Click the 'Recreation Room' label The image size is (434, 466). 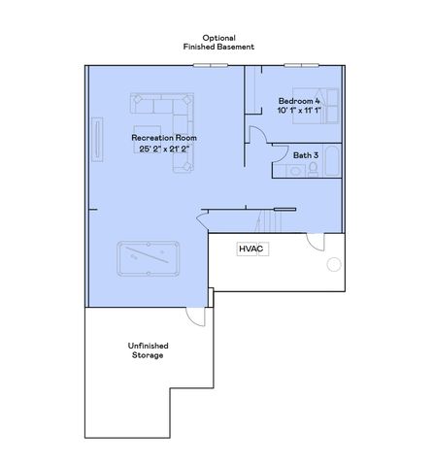pyautogui.click(x=164, y=139)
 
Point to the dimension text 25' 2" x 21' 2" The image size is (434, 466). pyautogui.click(x=164, y=150)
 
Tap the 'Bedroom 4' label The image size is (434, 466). pyautogui.click(x=298, y=101)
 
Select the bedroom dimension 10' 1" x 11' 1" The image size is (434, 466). pyautogui.click(x=298, y=112)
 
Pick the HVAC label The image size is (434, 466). pyautogui.click(x=252, y=249)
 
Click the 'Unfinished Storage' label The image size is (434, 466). pyautogui.click(x=148, y=350)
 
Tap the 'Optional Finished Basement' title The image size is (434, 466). pyautogui.click(x=219, y=42)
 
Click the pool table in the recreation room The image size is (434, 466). pyautogui.click(x=149, y=259)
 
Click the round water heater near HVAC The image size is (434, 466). pyautogui.click(x=334, y=263)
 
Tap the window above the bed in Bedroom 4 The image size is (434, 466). pyautogui.click(x=302, y=66)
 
